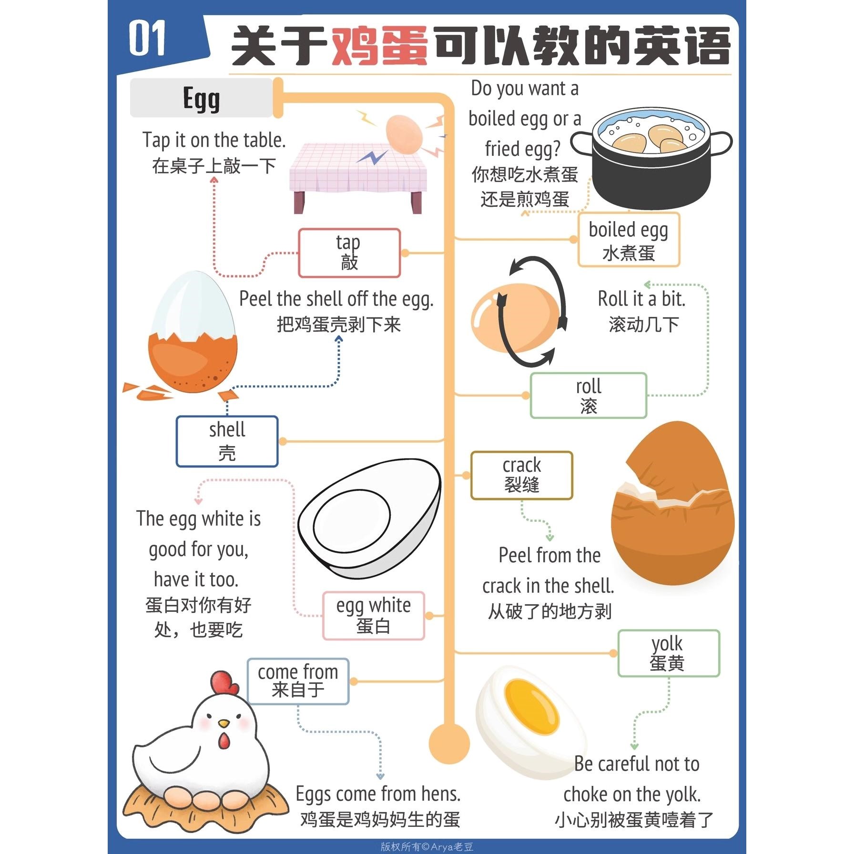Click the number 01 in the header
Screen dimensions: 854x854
(x=147, y=39)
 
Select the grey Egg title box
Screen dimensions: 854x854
(x=201, y=98)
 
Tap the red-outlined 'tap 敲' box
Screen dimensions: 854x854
(x=349, y=253)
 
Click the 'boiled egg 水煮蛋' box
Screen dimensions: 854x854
(x=628, y=240)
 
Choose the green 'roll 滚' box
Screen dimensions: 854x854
(x=588, y=396)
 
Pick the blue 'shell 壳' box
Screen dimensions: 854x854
(x=227, y=441)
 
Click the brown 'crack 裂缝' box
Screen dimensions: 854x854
(x=521, y=475)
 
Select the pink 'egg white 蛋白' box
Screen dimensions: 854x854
(x=373, y=615)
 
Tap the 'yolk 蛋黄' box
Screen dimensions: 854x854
(x=668, y=653)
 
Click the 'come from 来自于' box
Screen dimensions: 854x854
(x=298, y=681)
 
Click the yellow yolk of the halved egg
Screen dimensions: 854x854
(x=531, y=708)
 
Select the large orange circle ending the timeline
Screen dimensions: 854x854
(x=449, y=744)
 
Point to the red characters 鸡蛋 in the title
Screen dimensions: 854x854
(x=379, y=46)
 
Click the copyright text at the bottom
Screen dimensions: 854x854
(x=427, y=846)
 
